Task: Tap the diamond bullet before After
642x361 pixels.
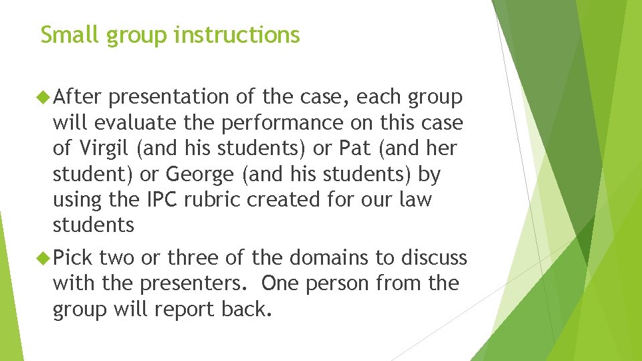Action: (x=45, y=98)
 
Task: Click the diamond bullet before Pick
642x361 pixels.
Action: (x=45, y=257)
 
